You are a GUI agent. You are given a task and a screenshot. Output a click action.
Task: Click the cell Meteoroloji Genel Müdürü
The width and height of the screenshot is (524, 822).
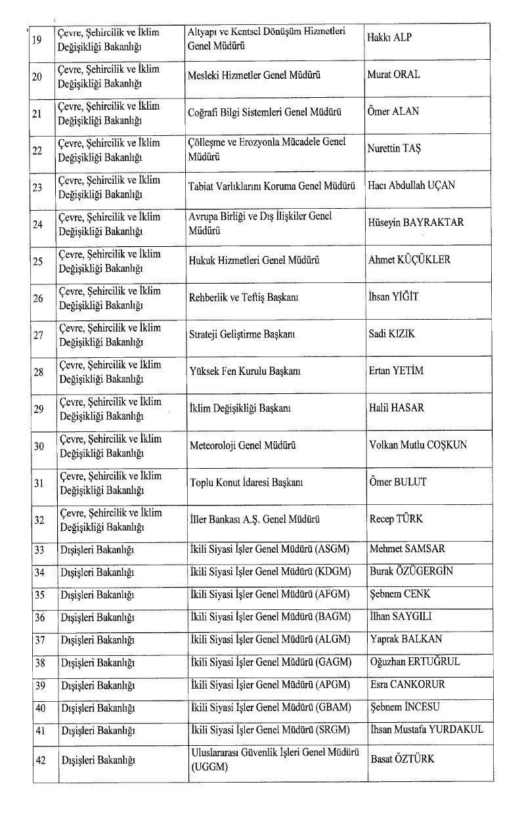pos(242,445)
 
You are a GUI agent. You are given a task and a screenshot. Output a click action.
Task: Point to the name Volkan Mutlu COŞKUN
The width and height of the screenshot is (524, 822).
pos(418,445)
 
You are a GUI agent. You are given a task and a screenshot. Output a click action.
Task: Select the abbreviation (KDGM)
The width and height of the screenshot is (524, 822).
pos(335,572)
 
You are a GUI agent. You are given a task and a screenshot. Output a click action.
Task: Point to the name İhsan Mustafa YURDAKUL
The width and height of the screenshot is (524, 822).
pos(426,729)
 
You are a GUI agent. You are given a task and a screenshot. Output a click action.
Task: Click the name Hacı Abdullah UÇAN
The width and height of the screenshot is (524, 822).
pos(412,185)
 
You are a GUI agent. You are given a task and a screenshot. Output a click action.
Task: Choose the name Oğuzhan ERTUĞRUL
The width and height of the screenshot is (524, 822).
pos(415,661)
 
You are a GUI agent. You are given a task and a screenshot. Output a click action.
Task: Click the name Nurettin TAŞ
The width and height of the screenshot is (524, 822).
pos(395,148)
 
